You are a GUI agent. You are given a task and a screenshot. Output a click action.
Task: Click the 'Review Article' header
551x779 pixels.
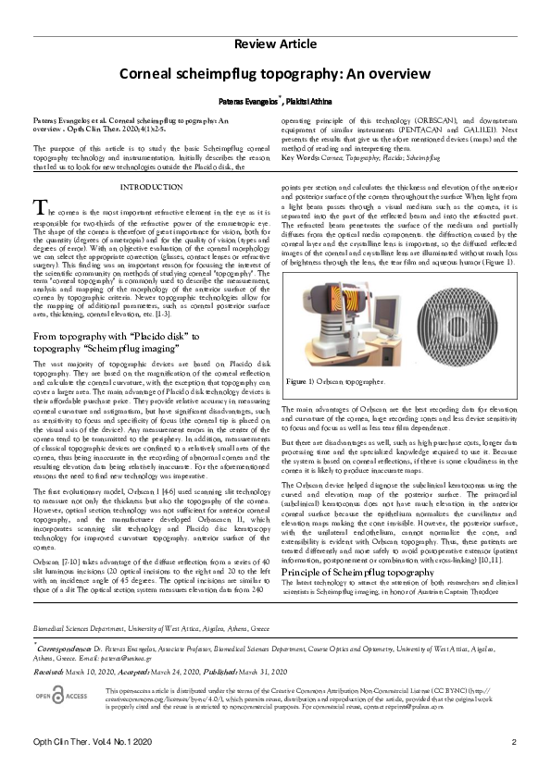pos(275,44)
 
